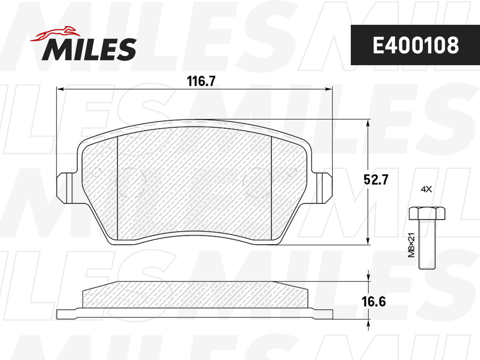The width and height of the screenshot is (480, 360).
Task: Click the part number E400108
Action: (416, 45)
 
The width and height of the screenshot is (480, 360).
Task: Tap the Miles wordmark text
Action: (89, 49)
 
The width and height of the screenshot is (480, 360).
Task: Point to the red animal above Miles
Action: (55, 34)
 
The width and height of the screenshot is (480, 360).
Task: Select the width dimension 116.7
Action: (201, 81)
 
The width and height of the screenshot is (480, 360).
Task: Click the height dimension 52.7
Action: (376, 180)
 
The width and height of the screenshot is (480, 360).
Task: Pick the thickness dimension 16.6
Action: (374, 302)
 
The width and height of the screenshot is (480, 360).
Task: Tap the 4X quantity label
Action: (426, 189)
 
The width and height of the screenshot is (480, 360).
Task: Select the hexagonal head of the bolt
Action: (427, 213)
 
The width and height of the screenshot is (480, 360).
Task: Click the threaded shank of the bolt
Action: (427, 244)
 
